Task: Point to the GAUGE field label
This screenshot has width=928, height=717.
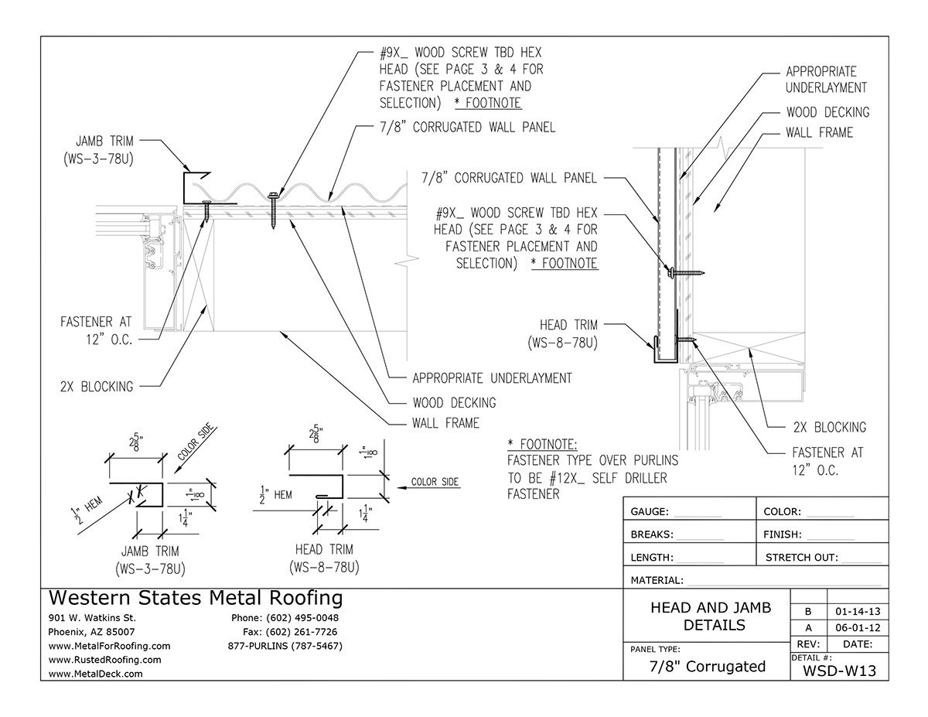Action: (651, 511)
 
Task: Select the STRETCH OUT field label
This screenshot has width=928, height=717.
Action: (798, 557)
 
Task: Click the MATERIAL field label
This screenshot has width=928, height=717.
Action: (657, 580)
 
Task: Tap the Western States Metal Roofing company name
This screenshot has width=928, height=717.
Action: (195, 598)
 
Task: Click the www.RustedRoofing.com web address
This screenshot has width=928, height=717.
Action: (104, 660)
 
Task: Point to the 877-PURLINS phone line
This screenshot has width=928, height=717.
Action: (285, 646)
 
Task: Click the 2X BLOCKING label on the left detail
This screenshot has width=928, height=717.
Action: (97, 387)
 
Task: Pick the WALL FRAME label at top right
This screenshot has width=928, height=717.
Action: (819, 132)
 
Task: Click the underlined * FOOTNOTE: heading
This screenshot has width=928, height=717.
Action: (542, 444)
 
